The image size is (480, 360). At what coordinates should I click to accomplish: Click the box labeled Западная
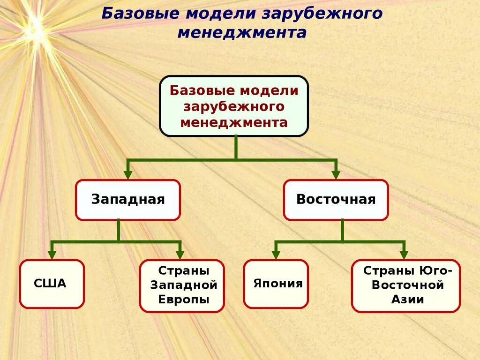[x=127, y=200]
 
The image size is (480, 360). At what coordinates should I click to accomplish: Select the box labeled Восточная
[x=336, y=200]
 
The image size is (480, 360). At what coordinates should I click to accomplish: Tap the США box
[x=52, y=284]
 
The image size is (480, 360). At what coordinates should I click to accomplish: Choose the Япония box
[x=276, y=284]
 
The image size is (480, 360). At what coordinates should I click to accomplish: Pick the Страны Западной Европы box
[x=182, y=285]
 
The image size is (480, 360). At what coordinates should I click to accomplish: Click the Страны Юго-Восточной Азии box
[x=406, y=285]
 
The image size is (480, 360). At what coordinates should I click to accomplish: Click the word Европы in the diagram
[x=184, y=300]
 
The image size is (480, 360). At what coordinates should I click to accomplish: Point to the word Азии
[x=407, y=300]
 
